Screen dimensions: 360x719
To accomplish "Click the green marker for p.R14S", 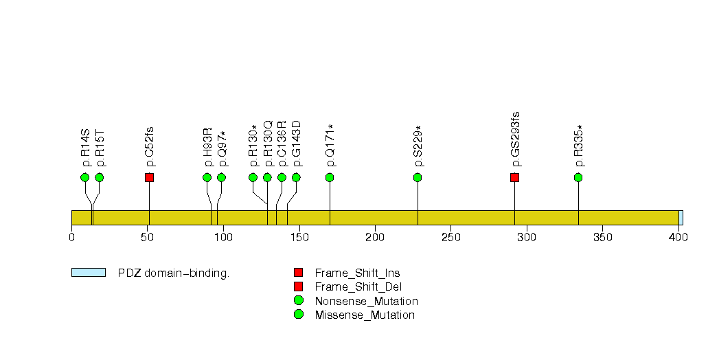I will [x=85, y=177].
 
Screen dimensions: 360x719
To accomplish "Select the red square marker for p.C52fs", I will [x=149, y=177].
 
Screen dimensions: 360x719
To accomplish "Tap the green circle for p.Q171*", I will [x=330, y=177].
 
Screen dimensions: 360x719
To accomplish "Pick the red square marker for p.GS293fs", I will [x=514, y=177].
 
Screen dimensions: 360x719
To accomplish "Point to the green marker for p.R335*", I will [x=578, y=177].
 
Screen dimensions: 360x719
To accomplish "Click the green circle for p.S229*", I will [x=418, y=177].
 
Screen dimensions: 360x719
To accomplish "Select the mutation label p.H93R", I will [x=207, y=147].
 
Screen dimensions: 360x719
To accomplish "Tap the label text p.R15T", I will [x=100, y=148].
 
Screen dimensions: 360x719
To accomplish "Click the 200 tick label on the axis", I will [x=375, y=237].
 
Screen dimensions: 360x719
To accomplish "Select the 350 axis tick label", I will [x=602, y=237].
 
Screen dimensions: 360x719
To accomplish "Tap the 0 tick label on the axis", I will [x=71, y=237].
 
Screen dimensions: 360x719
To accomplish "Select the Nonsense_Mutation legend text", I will [x=366, y=301].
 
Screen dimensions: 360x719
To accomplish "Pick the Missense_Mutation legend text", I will [x=365, y=315].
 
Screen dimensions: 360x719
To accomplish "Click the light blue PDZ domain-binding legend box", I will [x=89, y=273].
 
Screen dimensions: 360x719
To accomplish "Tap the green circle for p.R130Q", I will [x=267, y=177].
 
